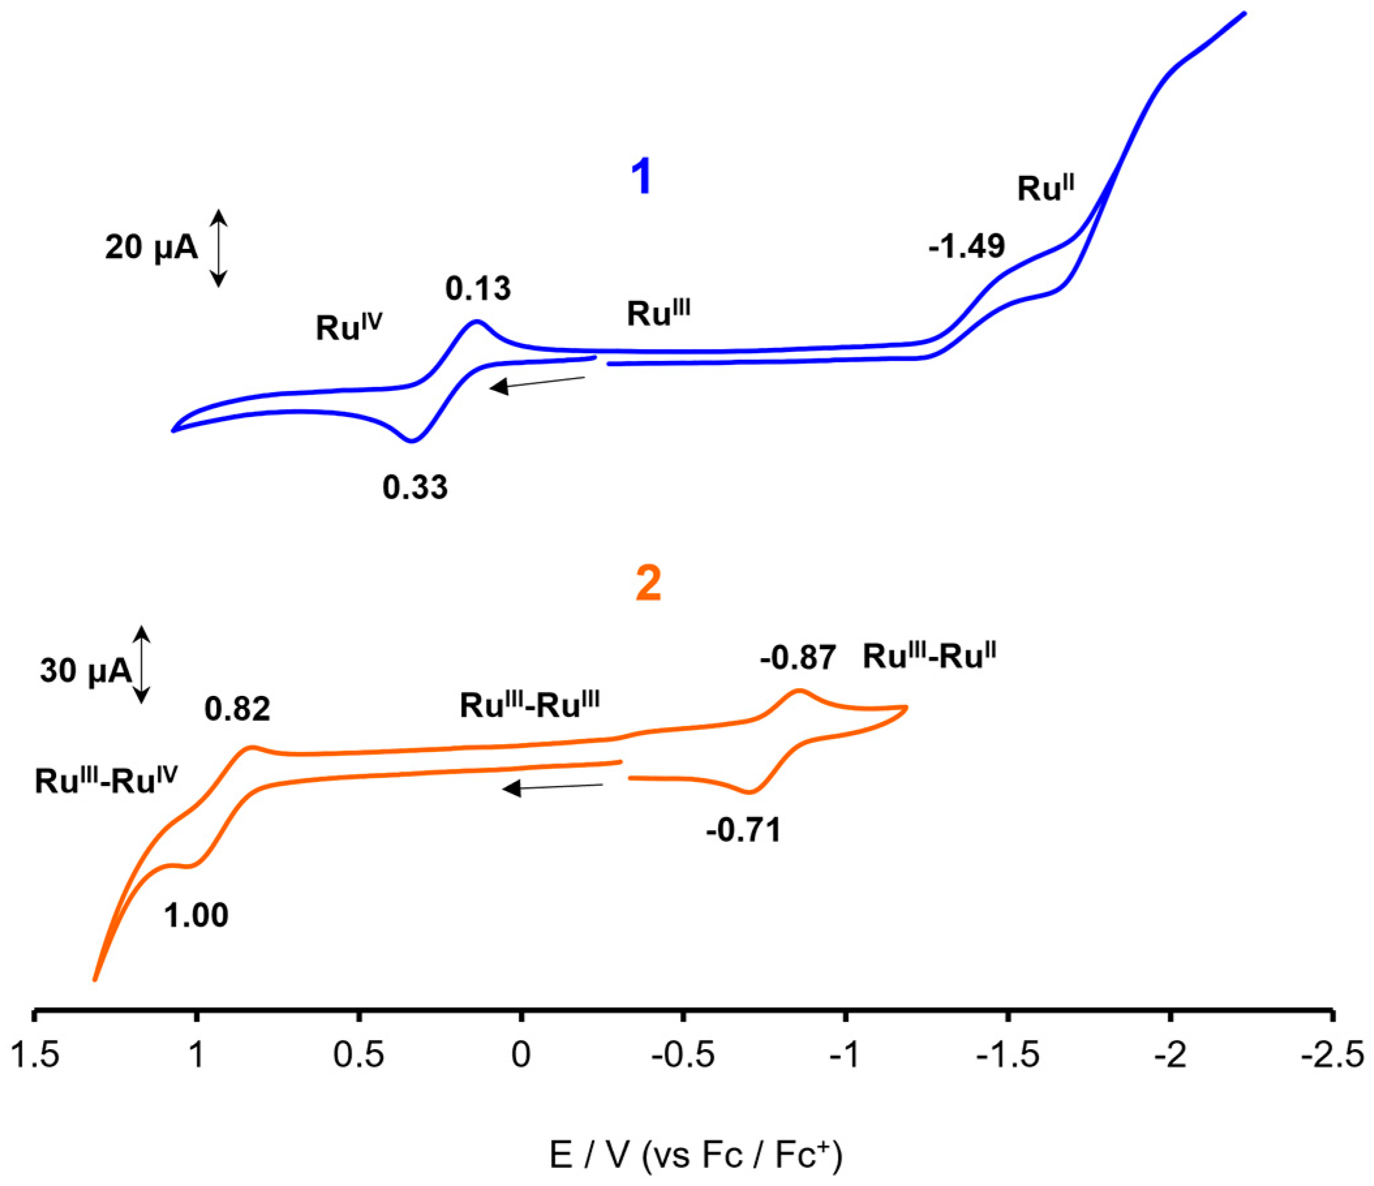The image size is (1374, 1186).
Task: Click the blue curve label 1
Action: pos(641,177)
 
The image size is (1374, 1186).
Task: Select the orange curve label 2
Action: pos(648,584)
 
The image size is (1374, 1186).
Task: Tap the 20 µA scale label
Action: pos(151,248)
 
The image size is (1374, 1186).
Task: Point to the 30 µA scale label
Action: pos(85,670)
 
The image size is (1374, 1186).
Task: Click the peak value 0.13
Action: pos(478,289)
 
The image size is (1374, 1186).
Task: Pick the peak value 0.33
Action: pos(415,487)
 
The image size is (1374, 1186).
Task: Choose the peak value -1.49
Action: pos(967,246)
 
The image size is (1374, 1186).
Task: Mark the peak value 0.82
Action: pos(237,709)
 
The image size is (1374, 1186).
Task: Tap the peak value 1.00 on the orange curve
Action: pos(196,916)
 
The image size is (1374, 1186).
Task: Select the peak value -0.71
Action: pos(744,830)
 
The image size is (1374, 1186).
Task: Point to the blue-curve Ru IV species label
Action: pos(349,327)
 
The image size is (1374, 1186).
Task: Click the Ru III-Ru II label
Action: pos(929,656)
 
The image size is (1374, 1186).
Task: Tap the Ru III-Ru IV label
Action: pos(106,780)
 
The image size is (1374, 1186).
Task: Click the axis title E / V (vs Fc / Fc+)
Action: pos(696,1155)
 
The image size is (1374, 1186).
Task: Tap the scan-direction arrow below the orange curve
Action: pos(552,787)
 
